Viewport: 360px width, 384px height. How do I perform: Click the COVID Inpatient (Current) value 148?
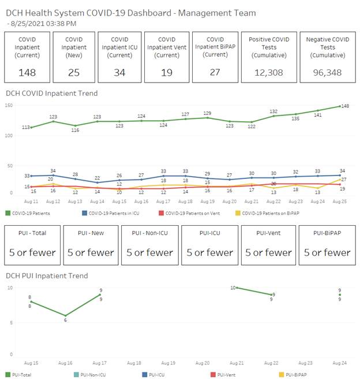point(27,72)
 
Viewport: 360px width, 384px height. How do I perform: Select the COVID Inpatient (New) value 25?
point(74,72)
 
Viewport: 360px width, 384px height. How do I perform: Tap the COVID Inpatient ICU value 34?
point(120,72)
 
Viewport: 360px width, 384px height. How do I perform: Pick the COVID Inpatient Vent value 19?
point(167,72)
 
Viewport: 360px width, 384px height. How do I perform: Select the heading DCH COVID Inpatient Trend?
point(52,93)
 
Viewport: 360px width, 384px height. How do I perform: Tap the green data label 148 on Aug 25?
point(345,106)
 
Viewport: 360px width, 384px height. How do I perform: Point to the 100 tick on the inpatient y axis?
point(8,135)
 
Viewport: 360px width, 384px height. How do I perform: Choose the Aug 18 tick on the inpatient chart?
point(185,201)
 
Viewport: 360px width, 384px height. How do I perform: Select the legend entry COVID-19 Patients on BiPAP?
point(271,213)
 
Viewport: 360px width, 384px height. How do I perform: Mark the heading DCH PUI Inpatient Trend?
point(47,276)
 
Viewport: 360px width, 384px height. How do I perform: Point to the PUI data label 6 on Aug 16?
point(65,320)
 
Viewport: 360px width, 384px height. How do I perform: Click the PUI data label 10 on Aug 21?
point(232,288)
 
